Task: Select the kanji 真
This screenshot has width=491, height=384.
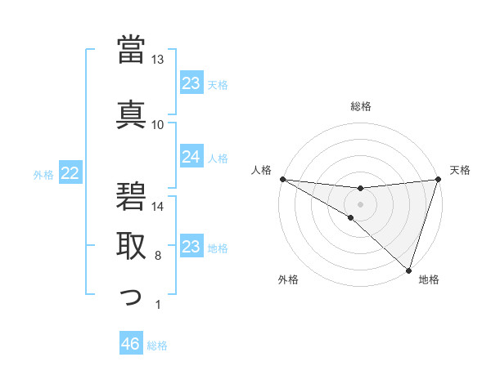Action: pyautogui.click(x=132, y=113)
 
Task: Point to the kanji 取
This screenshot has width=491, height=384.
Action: pyautogui.click(x=132, y=245)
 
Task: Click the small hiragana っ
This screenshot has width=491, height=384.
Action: pyautogui.click(x=132, y=296)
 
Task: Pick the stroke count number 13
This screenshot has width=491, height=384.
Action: pyautogui.click(x=158, y=60)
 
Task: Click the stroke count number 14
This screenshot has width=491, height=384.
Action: pyautogui.click(x=158, y=207)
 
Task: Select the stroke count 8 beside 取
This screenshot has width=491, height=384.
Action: pyautogui.click(x=158, y=256)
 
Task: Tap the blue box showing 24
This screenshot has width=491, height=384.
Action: pyautogui.click(x=191, y=157)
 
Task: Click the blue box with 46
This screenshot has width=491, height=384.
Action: pyautogui.click(x=131, y=344)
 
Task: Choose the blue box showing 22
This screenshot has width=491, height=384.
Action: pyautogui.click(x=70, y=172)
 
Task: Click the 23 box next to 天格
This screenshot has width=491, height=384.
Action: pyautogui.click(x=191, y=83)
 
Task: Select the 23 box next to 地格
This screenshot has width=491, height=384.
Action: pyautogui.click(x=191, y=247)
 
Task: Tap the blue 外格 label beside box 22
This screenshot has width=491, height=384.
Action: pyautogui.click(x=43, y=173)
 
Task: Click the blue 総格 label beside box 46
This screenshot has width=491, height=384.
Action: pyautogui.click(x=157, y=346)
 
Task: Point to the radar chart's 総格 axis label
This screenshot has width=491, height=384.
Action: pyautogui.click(x=360, y=106)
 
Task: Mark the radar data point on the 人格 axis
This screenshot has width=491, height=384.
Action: pyautogui.click(x=282, y=178)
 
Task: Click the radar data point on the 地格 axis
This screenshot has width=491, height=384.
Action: pyautogui.click(x=408, y=270)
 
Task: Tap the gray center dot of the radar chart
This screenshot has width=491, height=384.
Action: pyautogui.click(x=360, y=203)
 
